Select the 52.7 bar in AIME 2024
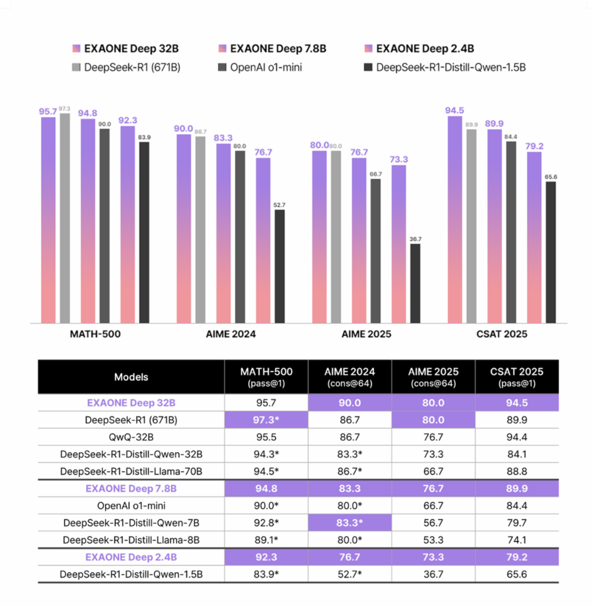(x=280, y=266)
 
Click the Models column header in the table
(x=131, y=377)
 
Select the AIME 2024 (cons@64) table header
(x=349, y=376)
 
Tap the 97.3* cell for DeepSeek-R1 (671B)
(x=266, y=421)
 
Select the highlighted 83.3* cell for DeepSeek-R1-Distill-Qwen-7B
(x=349, y=523)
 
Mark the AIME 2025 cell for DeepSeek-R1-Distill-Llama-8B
(x=433, y=540)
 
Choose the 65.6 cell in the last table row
(x=517, y=574)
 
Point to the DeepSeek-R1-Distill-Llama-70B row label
(x=131, y=472)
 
